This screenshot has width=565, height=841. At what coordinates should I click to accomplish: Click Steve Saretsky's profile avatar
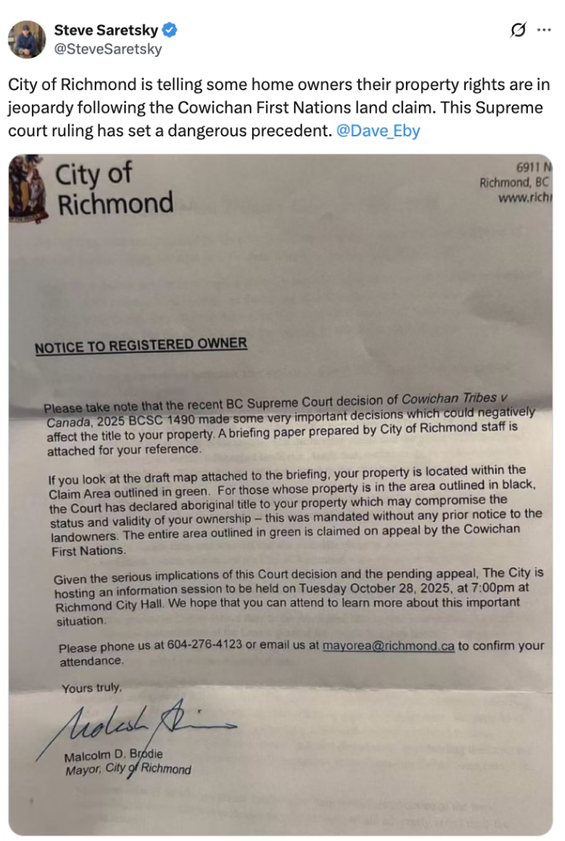point(27,39)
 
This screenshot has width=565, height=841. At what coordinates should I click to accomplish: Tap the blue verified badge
point(171,30)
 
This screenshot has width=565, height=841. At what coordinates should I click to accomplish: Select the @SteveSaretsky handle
point(108,49)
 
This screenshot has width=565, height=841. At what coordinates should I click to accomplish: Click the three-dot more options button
point(544,30)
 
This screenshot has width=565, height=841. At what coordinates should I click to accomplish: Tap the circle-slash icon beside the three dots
point(519,30)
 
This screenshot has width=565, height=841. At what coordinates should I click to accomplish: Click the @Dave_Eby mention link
point(377,130)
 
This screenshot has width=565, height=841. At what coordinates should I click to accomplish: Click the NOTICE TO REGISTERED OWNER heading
point(141,345)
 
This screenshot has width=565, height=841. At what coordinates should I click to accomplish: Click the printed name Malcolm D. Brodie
point(114,755)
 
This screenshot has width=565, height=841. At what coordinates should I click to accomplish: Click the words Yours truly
point(91,688)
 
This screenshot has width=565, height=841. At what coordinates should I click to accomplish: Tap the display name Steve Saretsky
point(106,30)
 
